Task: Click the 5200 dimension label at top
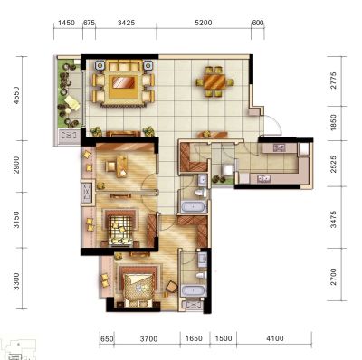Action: click(x=204, y=23)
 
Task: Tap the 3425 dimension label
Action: click(x=126, y=23)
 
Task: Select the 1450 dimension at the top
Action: click(x=66, y=23)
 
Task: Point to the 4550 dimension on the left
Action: click(x=16, y=95)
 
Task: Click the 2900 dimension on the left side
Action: click(x=16, y=165)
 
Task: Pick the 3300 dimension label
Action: click(x=16, y=281)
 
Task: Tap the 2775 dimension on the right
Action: click(x=333, y=81)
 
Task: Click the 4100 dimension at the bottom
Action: click(x=275, y=338)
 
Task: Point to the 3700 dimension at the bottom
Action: click(x=148, y=339)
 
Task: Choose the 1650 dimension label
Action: click(x=194, y=338)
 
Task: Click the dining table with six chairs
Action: click(x=214, y=81)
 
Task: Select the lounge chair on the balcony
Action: click(x=71, y=103)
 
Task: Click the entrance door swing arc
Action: click(x=276, y=123)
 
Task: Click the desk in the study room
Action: click(x=121, y=166)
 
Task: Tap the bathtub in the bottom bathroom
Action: click(x=194, y=291)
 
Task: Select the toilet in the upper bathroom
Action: click(x=200, y=192)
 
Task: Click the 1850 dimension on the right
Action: click(x=333, y=122)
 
